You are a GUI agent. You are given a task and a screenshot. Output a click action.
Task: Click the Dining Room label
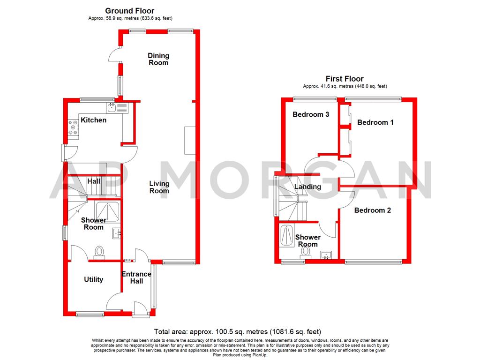tap(158, 59)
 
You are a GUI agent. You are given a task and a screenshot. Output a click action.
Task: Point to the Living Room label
tap(159, 187)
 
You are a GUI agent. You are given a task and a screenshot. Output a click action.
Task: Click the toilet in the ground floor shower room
tap(99, 253)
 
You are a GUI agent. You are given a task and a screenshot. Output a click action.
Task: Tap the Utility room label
tap(93, 279)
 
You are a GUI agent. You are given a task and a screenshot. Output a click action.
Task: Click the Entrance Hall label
tap(136, 277)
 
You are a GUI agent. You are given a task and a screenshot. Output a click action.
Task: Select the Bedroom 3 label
tap(311, 114)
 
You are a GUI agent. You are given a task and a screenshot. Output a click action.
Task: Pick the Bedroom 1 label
tap(375, 122)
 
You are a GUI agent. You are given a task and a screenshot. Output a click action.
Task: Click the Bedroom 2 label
tap(372, 210)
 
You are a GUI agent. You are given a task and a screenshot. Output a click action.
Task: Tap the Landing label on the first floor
tap(307, 187)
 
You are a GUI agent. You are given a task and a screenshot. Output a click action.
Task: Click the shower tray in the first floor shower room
tap(286, 235)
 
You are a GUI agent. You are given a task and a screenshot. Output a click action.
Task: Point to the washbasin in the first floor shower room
tap(326, 255)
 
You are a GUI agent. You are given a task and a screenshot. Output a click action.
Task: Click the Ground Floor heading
tap(129, 11)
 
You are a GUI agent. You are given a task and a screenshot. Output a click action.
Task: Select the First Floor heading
tap(345, 79)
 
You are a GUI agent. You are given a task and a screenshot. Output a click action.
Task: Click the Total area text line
tap(238, 331)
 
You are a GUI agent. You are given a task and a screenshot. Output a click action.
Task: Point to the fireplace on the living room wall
tap(188, 140)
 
